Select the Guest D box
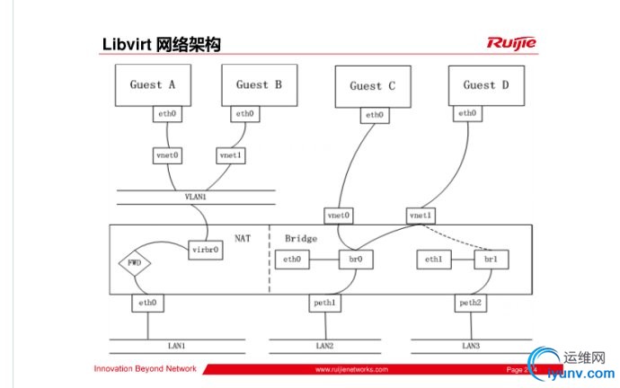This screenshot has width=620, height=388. point(485,85)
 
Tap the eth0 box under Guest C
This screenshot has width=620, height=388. point(374,115)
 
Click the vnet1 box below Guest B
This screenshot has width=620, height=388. point(230,155)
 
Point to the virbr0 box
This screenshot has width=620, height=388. point(206,251)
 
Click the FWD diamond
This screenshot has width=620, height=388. point(135,264)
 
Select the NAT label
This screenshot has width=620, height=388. point(243,238)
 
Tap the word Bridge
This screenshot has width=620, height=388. point(301,238)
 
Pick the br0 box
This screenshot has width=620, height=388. point(356,260)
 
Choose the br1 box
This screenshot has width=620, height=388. point(491,260)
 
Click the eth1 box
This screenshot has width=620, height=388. point(435,260)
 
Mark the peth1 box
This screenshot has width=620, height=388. point(325,304)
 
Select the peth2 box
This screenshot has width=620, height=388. point(471,304)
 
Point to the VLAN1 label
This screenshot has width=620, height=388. point(196,196)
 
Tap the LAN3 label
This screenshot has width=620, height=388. point(472,345)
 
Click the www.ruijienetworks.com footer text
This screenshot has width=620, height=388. point(351,369)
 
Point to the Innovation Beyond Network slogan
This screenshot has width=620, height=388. point(145,369)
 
